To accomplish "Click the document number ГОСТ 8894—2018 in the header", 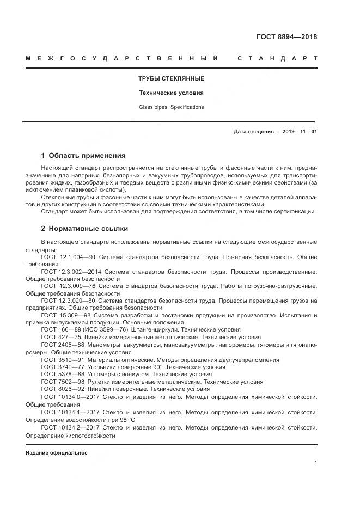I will tap(286, 38).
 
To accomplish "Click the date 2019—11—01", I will tap(300, 132).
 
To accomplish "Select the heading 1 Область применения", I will tap(83, 156).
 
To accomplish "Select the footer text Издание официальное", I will tap(57, 453).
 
